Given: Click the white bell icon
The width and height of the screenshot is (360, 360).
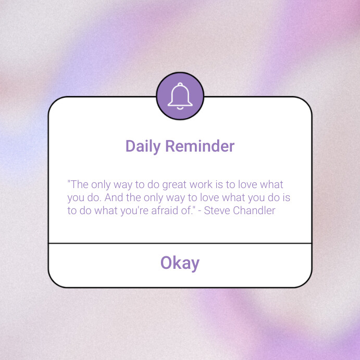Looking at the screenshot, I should (x=180, y=96).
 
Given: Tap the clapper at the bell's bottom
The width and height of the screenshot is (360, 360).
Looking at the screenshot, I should (x=180, y=108).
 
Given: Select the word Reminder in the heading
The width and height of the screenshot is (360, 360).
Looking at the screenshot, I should (x=200, y=146).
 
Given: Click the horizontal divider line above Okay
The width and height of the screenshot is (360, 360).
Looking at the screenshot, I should (x=180, y=243).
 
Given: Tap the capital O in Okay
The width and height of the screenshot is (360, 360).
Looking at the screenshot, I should (x=166, y=263).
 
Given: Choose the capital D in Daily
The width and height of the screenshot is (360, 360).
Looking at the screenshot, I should (x=131, y=146).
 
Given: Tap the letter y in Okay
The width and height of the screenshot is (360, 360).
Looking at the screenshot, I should (x=194, y=265).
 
